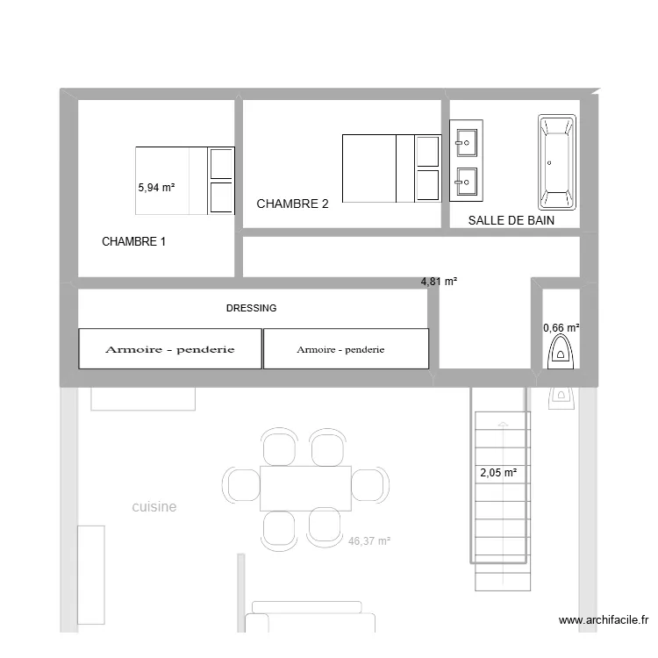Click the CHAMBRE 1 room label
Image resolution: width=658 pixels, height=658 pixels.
pos(133,241)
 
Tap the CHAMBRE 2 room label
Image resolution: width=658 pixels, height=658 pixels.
pos(292,204)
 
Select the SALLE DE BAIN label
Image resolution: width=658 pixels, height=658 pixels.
pos(511,220)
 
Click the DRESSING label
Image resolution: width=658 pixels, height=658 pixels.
pos(251,308)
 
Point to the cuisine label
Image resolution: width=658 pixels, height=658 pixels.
pos(154,506)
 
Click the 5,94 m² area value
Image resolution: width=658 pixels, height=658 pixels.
pos(157,187)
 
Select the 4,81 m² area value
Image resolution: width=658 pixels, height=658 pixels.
pos(440,282)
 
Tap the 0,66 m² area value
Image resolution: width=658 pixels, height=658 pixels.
pos(561,328)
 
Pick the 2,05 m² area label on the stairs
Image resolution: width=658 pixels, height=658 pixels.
pos(497,473)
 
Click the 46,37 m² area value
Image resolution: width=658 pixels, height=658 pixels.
pos(368,541)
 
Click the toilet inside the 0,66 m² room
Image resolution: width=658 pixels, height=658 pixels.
pos(559,353)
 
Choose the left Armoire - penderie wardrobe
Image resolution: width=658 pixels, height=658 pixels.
pos(170,349)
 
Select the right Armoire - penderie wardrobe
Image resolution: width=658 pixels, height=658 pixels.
pos(346,349)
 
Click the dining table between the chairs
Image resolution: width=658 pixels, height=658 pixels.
pos(305,488)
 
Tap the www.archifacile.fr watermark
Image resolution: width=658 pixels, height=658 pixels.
pos(604,620)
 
